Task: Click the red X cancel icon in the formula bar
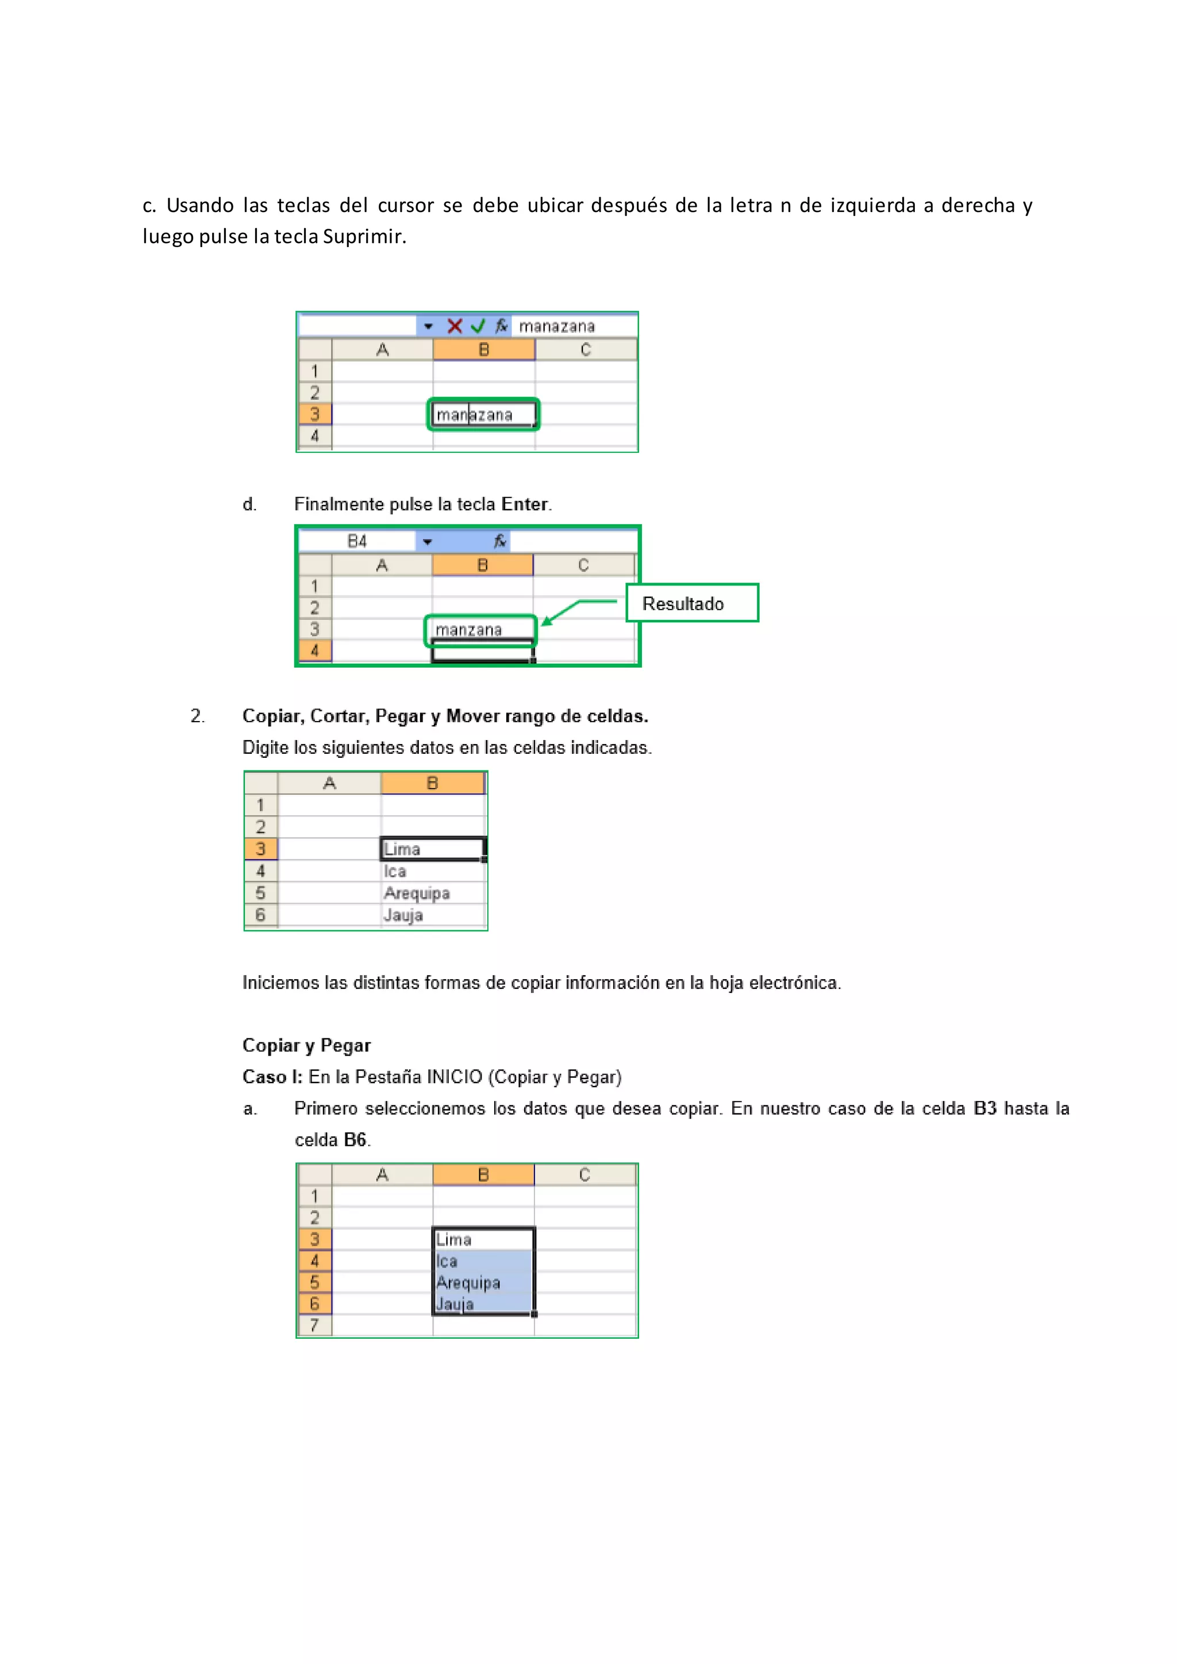pyautogui.click(x=455, y=326)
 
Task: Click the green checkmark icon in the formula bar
pyautogui.click(x=478, y=326)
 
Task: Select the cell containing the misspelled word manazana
pyautogui.click(x=483, y=414)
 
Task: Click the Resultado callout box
pyautogui.click(x=692, y=603)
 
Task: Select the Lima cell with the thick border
pyautogui.click(x=433, y=849)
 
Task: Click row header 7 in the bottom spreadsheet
pyautogui.click(x=314, y=1326)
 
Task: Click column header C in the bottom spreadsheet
pyautogui.click(x=585, y=1175)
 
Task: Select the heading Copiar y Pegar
pyautogui.click(x=306, y=1045)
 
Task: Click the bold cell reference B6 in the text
pyautogui.click(x=355, y=1140)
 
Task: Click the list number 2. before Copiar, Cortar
pyautogui.click(x=197, y=716)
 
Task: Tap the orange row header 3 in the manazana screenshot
pyautogui.click(x=314, y=414)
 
